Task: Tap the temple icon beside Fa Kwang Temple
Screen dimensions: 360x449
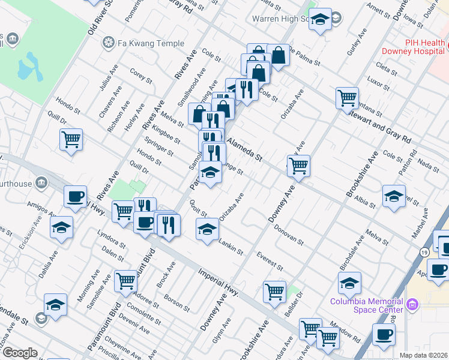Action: (109, 43)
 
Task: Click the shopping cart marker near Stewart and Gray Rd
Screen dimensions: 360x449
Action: (347, 98)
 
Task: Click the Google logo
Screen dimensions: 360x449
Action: (20, 353)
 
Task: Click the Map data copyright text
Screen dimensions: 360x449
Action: (424, 355)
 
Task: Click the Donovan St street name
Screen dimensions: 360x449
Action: (288, 235)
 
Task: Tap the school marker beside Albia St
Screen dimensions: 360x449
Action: (394, 197)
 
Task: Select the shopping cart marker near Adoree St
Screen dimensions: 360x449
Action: (125, 280)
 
